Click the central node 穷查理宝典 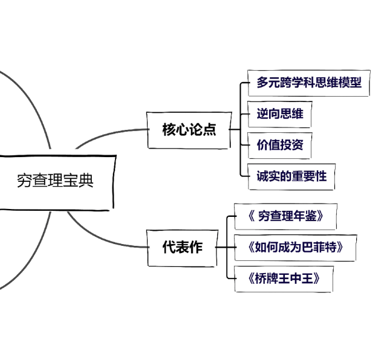click(x=55, y=181)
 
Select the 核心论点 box click(x=189, y=129)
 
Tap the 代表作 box click(x=183, y=247)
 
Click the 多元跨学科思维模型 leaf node click(x=308, y=83)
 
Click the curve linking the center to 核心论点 click(x=112, y=135)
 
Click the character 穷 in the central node click(x=25, y=181)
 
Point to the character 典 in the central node click(x=86, y=181)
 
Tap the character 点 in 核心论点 click(x=209, y=129)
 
